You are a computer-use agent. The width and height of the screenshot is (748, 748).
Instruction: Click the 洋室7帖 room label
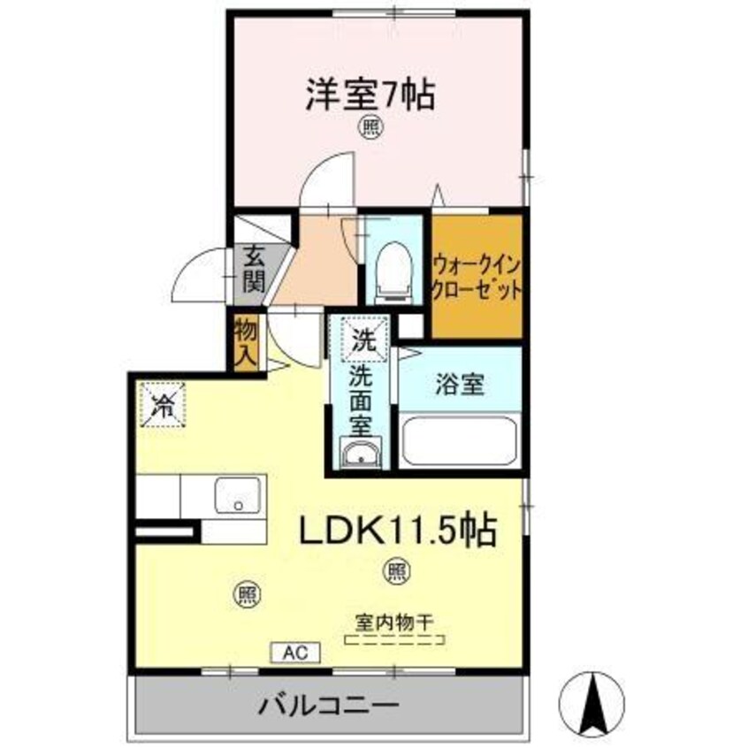tap(370, 95)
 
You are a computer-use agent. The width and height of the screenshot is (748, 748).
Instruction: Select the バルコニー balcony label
tap(328, 706)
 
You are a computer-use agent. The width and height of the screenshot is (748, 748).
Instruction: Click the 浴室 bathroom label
tap(459, 385)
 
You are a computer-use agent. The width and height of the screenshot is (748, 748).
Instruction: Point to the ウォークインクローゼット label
tap(475, 277)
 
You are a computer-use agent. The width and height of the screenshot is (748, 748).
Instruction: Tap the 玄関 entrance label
tap(254, 271)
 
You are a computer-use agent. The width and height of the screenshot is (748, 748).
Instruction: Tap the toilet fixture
tap(391, 265)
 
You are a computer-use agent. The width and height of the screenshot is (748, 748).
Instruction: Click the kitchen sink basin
tap(238, 495)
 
